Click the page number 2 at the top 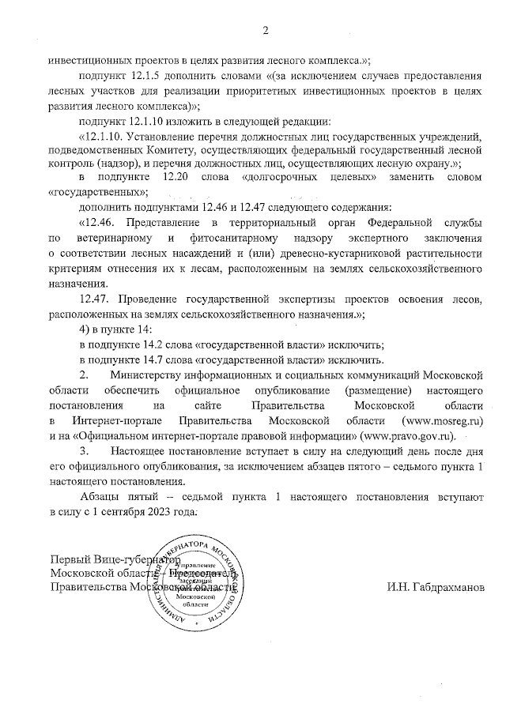266,31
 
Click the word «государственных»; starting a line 96,192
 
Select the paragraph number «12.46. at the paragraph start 100,222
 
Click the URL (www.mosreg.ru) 443,420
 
